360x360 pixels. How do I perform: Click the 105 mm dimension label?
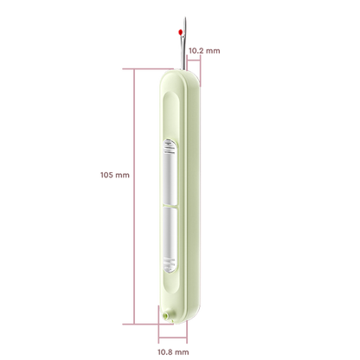(x=115, y=175)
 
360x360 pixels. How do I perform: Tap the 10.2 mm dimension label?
(x=204, y=51)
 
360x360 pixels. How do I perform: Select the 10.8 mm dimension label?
(x=173, y=352)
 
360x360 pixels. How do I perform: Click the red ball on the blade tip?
(x=181, y=32)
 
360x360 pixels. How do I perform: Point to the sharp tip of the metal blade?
(x=185, y=17)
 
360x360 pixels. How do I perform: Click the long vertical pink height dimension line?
(x=134, y=196)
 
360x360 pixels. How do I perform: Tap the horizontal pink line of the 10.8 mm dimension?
(x=172, y=337)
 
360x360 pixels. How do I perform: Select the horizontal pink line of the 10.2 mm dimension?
(x=194, y=60)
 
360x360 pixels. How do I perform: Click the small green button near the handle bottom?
(x=166, y=315)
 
